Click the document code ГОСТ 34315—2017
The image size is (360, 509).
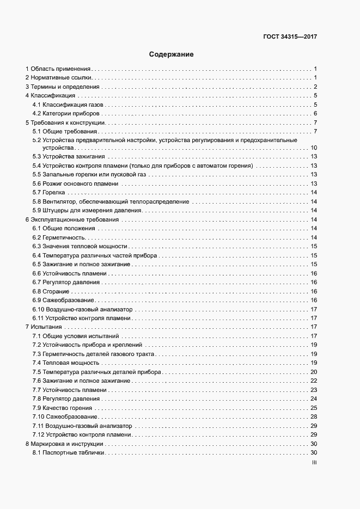290,37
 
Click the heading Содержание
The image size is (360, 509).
172,54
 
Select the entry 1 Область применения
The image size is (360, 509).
58,69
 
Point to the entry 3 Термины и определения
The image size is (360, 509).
63,87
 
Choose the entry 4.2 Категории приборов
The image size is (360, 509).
66,113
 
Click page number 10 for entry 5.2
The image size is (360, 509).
314,148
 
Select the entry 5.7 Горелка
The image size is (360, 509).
48,193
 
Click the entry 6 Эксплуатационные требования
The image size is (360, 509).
72,219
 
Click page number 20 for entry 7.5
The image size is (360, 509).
314,372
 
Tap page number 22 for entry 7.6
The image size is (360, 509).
314,381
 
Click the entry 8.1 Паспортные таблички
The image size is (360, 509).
68,453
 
